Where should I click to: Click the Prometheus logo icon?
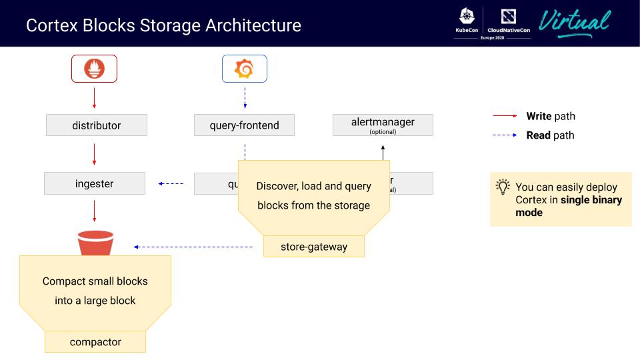pos(94,69)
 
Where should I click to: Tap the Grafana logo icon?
pos(244,69)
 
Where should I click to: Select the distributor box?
pos(97,125)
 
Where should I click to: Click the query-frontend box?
pos(244,125)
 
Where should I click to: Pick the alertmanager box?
pos(383,125)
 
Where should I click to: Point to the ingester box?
pos(94,183)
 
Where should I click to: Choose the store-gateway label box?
pos(314,247)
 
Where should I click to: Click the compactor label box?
pos(95,342)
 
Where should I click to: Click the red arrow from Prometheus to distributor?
pos(94,97)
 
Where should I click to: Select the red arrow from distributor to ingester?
pos(94,154)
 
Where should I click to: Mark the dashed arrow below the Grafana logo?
pos(244,97)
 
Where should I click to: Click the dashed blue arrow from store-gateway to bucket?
pos(193,247)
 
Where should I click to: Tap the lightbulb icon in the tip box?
pos(503,187)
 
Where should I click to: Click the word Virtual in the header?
pos(574,23)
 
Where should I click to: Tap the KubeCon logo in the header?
pos(466,21)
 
